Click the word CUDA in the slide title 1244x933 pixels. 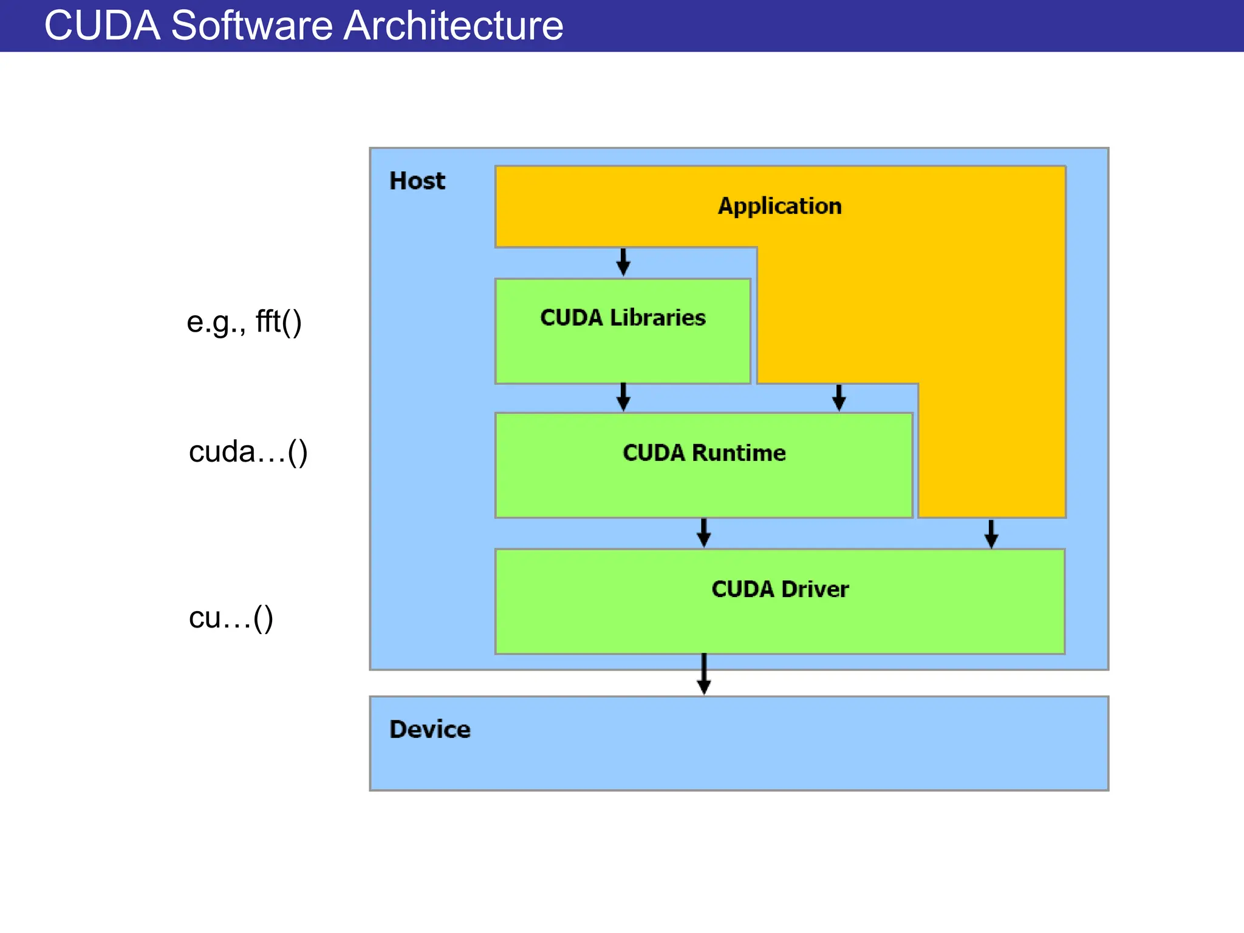(x=102, y=26)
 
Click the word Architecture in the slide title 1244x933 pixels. (x=453, y=26)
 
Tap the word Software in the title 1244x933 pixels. (x=251, y=26)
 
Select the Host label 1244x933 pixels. (x=417, y=181)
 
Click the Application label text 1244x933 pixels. (x=780, y=206)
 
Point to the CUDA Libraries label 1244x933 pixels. (x=623, y=318)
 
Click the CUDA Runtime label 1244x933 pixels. (x=704, y=453)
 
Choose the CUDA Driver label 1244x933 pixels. (x=780, y=589)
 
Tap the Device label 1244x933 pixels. (x=429, y=730)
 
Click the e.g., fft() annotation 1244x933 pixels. (x=244, y=322)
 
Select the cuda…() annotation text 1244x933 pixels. (x=248, y=453)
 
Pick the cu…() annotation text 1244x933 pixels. (x=231, y=618)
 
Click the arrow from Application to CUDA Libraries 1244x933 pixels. (x=623, y=262)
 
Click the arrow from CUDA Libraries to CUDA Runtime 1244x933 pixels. (x=623, y=397)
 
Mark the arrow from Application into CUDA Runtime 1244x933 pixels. (x=839, y=398)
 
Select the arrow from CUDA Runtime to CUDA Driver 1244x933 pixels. (x=704, y=533)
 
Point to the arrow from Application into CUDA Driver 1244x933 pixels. (x=991, y=533)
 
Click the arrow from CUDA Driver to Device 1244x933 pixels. (x=704, y=674)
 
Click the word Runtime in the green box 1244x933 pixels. (x=739, y=453)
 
